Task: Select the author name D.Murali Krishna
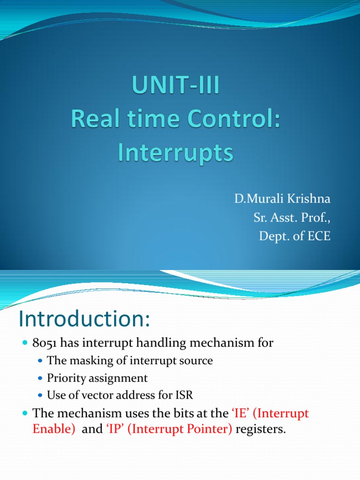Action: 282,199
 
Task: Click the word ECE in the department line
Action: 318,236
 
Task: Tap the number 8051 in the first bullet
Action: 44,344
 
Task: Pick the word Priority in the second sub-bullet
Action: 64,378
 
